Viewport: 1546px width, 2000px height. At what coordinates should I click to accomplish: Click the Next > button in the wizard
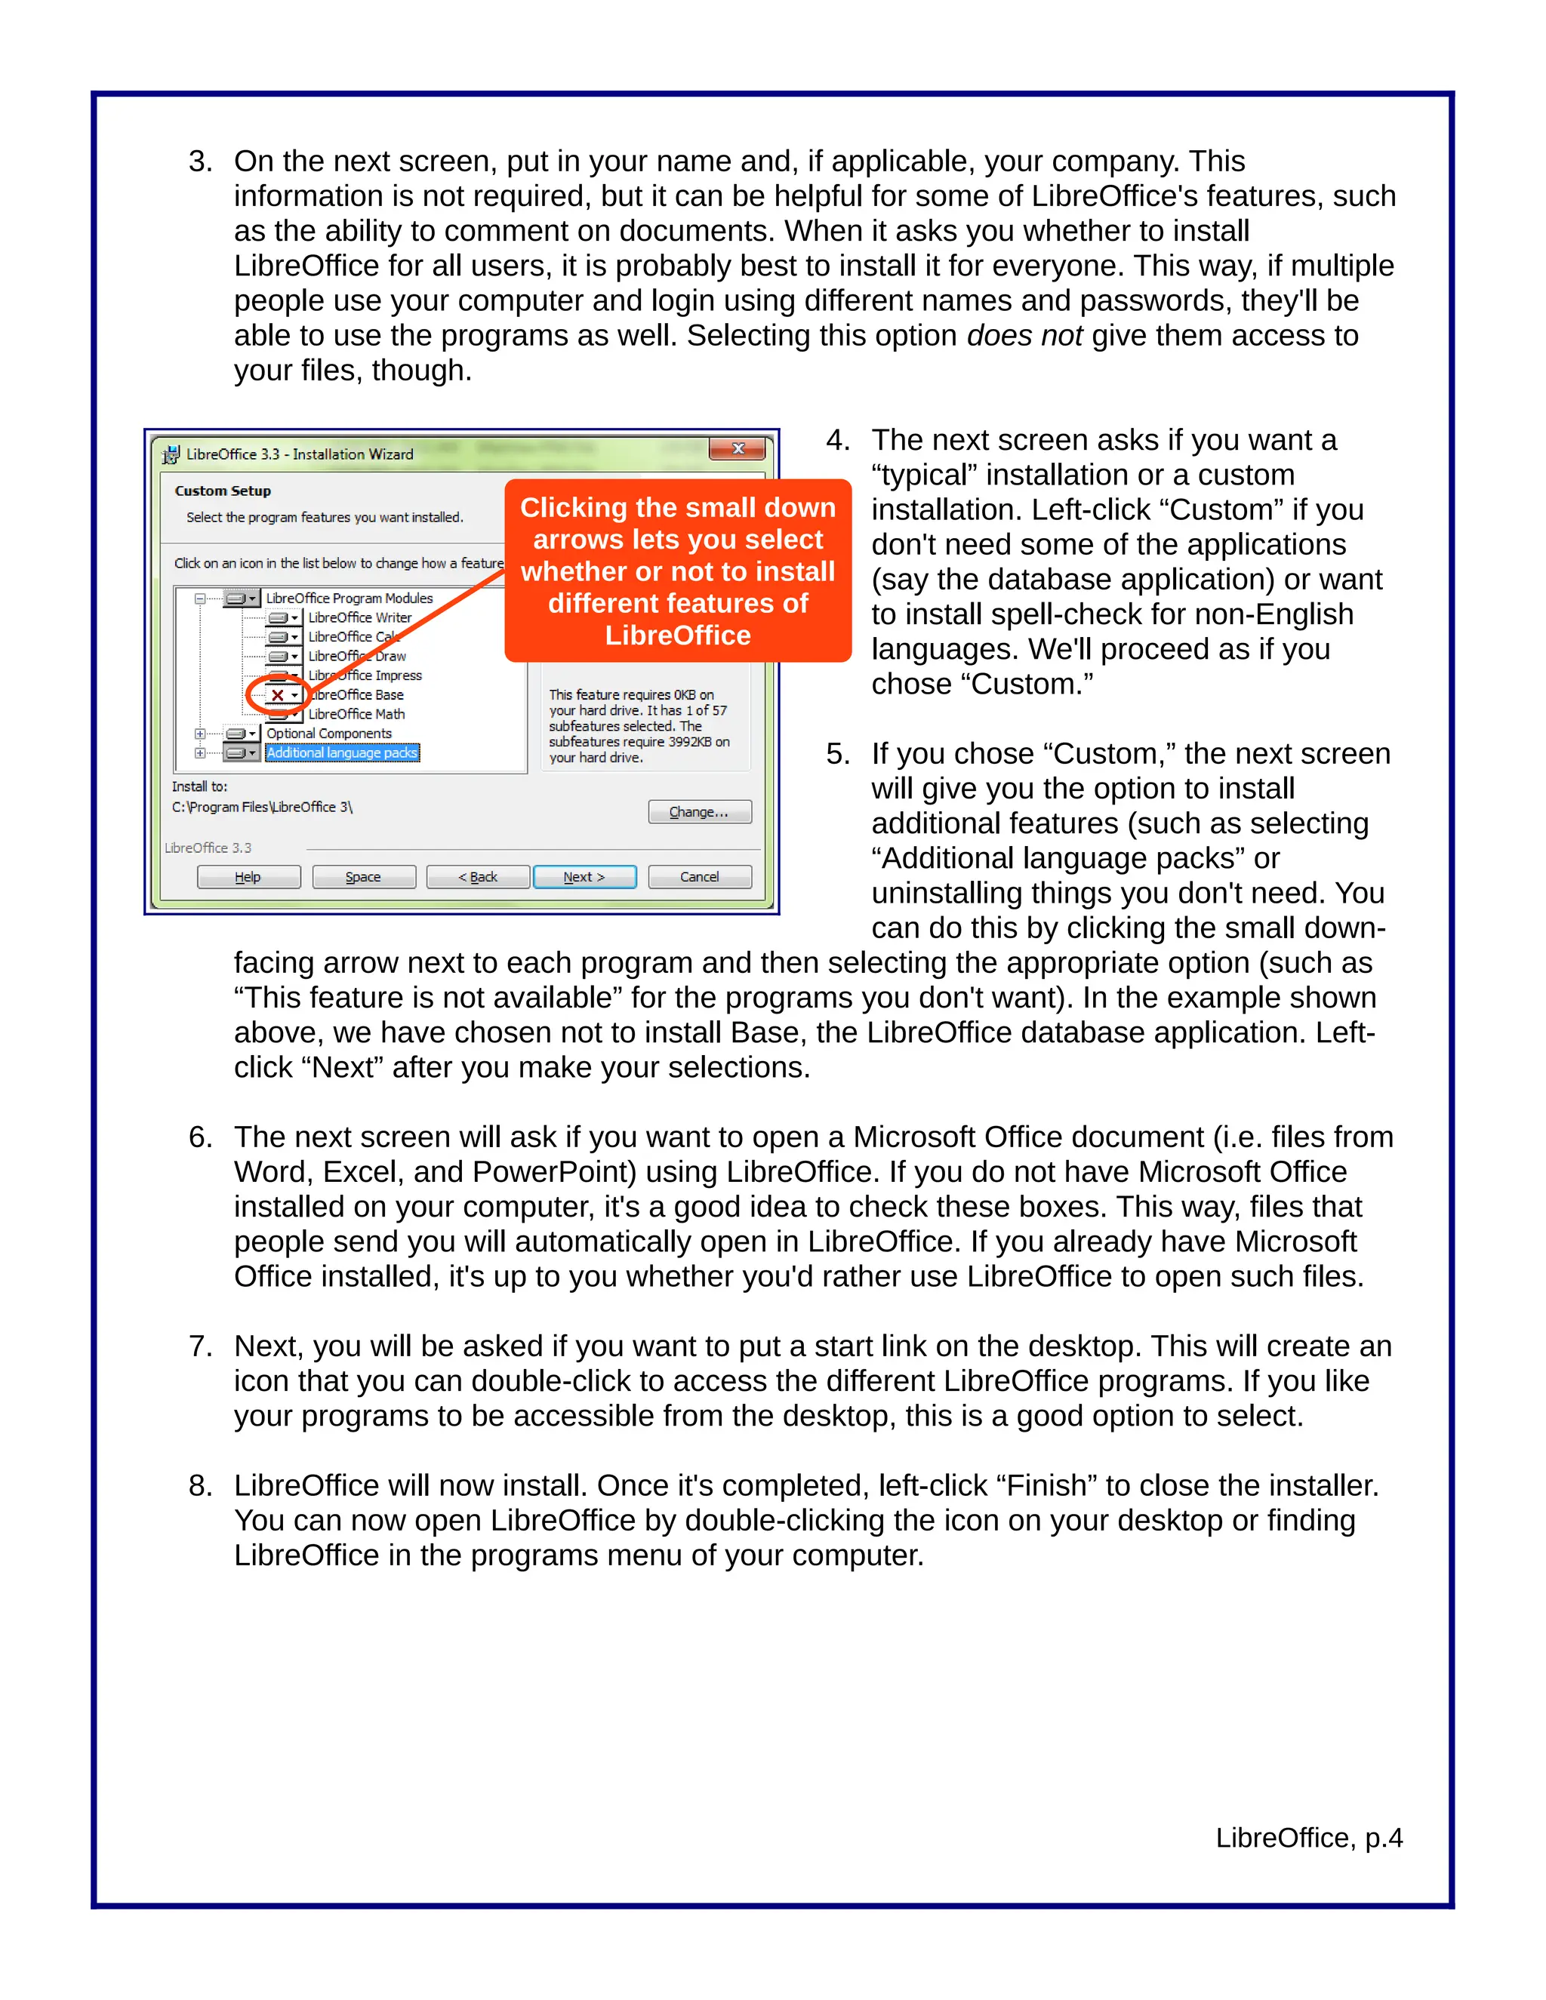click(584, 876)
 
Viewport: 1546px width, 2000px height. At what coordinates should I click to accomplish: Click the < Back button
click(478, 876)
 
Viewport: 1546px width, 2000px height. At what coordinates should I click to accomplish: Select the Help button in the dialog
click(248, 876)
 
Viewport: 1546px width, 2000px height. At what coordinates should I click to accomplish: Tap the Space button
click(364, 876)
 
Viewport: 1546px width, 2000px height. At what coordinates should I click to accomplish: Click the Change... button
click(699, 811)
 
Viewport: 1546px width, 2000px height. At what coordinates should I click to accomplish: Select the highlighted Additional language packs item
click(342, 752)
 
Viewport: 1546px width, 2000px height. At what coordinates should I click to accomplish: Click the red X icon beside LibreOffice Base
click(278, 695)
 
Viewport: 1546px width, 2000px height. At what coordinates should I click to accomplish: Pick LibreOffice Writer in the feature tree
click(359, 617)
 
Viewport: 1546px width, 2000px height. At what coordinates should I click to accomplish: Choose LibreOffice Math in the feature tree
click(356, 714)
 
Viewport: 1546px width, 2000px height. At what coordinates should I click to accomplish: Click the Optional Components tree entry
click(329, 734)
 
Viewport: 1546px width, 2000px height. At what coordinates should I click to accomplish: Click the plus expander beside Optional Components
click(199, 734)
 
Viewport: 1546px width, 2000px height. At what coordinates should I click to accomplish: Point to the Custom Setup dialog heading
click(223, 491)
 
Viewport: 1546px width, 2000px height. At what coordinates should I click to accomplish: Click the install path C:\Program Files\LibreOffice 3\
click(262, 807)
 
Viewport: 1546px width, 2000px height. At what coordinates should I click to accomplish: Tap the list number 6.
click(199, 1137)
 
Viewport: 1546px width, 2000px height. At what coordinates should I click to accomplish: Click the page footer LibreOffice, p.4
click(1308, 1837)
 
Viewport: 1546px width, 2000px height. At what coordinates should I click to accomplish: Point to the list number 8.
click(199, 1485)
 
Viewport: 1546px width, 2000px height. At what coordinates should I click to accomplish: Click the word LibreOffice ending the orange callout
click(678, 635)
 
